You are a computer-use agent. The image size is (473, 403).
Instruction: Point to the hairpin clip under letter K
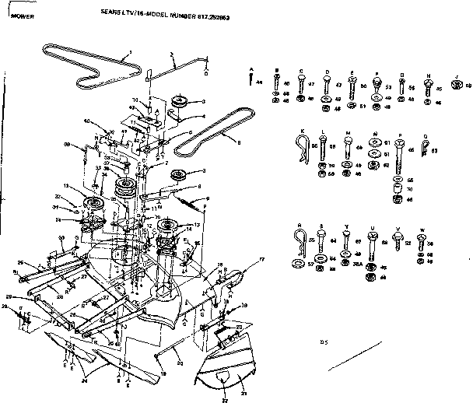click(303, 145)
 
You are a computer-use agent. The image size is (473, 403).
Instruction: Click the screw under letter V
click(398, 243)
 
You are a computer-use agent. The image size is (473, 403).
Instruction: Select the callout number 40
click(87, 121)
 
